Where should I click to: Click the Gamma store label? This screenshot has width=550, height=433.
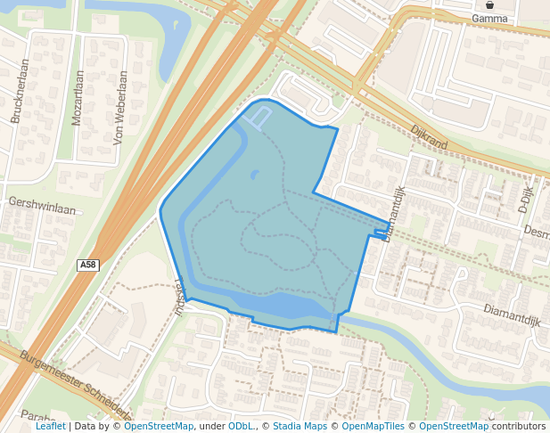coord(489,18)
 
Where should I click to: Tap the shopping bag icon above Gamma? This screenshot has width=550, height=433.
coord(489,4)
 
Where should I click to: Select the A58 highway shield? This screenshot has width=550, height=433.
coord(87,265)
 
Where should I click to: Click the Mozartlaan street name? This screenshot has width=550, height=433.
coord(78,97)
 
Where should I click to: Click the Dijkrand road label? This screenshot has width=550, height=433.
coord(429,136)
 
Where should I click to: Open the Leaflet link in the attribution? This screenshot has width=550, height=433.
coord(50,426)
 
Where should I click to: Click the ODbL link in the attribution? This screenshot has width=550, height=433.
coord(240,426)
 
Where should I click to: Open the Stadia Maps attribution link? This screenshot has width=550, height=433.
coord(300,426)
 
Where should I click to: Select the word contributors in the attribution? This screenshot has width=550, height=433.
coord(519,426)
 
